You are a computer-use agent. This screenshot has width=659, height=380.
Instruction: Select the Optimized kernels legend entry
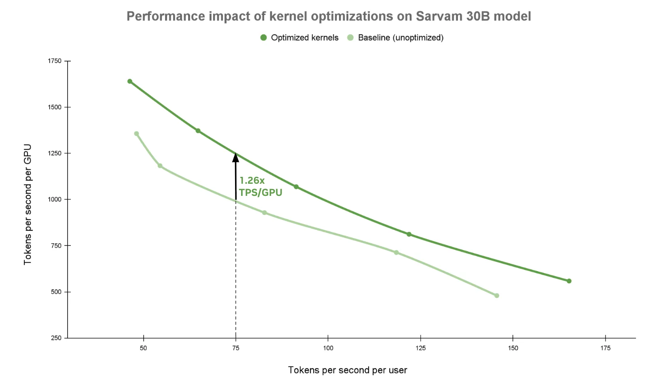299,38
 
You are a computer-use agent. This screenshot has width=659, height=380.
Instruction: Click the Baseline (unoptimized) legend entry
396,38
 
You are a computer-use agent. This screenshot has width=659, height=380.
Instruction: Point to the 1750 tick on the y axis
55,61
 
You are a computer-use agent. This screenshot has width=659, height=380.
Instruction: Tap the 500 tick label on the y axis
56,292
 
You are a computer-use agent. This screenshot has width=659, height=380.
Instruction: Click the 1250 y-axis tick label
55,153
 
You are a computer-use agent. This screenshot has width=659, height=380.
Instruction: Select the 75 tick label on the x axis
236,348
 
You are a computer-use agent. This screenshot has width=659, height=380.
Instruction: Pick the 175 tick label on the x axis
605,348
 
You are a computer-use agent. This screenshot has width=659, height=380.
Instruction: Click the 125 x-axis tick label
420,348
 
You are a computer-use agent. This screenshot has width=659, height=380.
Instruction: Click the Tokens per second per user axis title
347,370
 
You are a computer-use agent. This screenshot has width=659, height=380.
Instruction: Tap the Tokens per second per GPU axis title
28,204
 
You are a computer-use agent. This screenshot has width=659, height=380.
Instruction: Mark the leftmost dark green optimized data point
130,81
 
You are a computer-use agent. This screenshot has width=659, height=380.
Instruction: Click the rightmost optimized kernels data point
569,281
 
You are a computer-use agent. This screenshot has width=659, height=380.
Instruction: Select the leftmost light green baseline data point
136,134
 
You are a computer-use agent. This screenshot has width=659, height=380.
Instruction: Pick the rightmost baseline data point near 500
497,296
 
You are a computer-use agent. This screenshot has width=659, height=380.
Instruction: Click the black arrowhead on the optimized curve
235,157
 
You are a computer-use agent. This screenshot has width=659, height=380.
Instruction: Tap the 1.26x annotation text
252,180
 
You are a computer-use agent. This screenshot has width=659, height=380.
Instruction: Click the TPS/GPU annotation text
261,192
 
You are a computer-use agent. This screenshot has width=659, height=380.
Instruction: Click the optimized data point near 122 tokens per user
409,234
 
